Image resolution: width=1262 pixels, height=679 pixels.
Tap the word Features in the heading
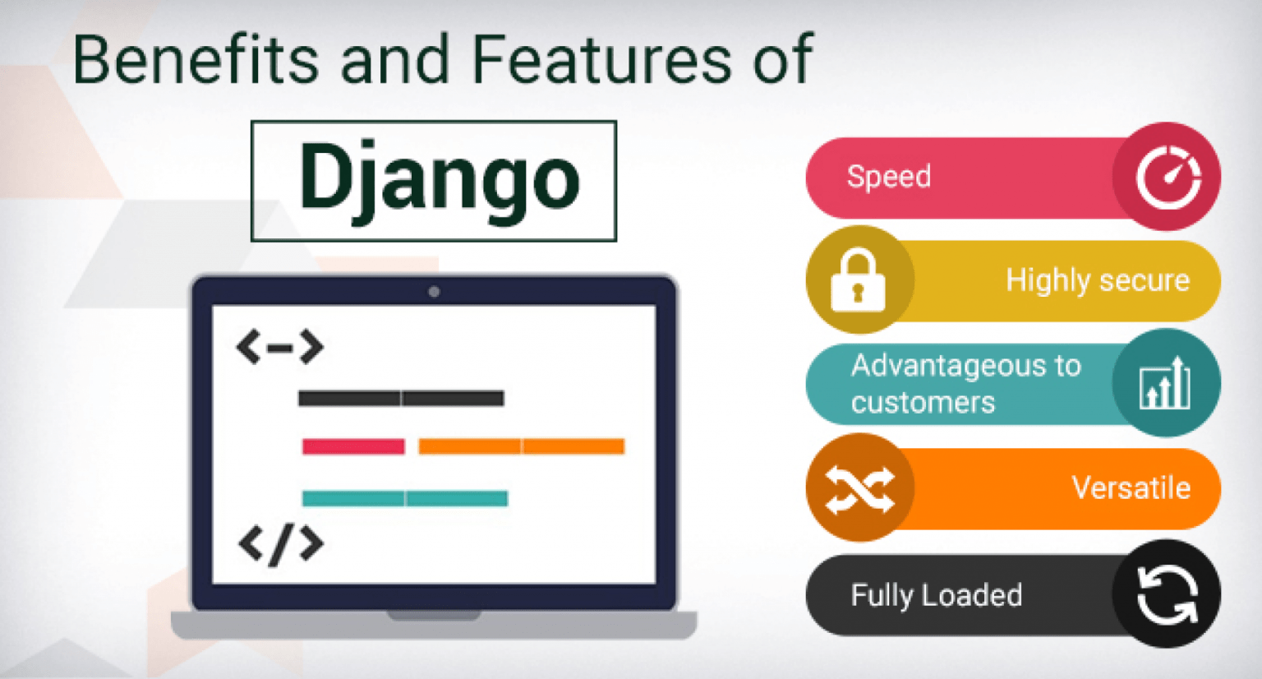click(601, 59)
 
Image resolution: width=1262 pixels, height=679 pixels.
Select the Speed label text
click(888, 176)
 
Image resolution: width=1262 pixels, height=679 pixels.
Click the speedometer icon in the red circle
click(1168, 177)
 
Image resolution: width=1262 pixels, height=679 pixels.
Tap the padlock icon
click(858, 280)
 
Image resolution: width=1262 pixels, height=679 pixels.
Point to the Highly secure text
click(1097, 280)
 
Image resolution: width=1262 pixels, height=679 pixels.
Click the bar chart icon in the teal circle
click(1165, 383)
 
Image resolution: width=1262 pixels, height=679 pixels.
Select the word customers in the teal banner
click(923, 402)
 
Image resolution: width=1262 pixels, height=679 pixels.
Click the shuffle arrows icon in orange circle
click(859, 488)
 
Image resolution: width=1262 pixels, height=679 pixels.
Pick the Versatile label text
click(1131, 488)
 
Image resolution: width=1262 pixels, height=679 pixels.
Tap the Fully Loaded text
click(936, 594)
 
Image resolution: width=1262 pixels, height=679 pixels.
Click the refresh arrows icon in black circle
click(1167, 594)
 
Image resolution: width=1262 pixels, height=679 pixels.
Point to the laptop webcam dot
click(434, 292)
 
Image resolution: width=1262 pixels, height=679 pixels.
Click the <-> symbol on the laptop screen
click(279, 347)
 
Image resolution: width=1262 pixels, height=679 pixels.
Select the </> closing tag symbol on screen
click(280, 544)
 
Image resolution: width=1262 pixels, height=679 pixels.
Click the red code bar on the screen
click(353, 446)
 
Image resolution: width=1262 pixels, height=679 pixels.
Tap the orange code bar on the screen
click(521, 446)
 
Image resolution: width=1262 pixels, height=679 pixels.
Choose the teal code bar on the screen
click(404, 498)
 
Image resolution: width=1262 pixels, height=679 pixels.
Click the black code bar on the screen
click(400, 399)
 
